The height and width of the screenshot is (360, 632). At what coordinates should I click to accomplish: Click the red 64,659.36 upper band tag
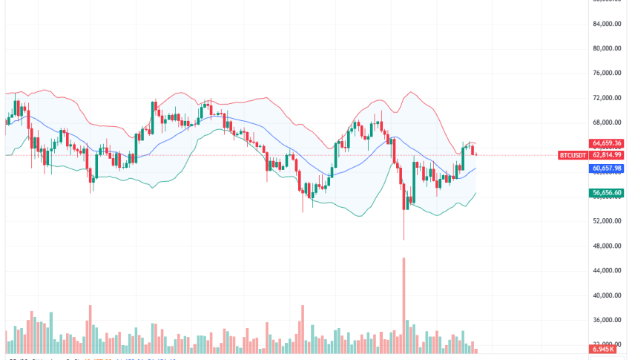coord(607,143)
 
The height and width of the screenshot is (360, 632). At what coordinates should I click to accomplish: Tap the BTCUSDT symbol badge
coord(573,154)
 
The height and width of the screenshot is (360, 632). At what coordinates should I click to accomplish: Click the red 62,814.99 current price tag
coord(607,154)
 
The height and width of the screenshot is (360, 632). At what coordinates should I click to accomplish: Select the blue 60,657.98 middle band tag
coord(607,168)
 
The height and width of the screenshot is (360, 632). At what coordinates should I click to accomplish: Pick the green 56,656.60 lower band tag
coord(607,193)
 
